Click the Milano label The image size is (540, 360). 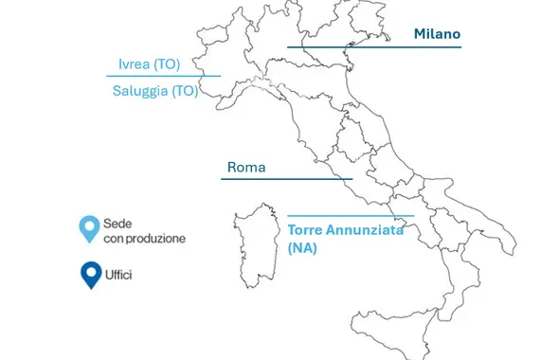437,34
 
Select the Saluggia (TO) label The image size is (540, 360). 155,90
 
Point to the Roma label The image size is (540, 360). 246,168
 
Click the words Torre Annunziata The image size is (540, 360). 345,230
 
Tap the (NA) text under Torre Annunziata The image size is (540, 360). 302,248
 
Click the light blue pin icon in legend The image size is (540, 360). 89,228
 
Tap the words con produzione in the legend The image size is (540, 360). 144,239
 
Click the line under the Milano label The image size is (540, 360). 374,46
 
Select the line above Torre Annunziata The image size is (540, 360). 351,216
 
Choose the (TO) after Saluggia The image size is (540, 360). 185,90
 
